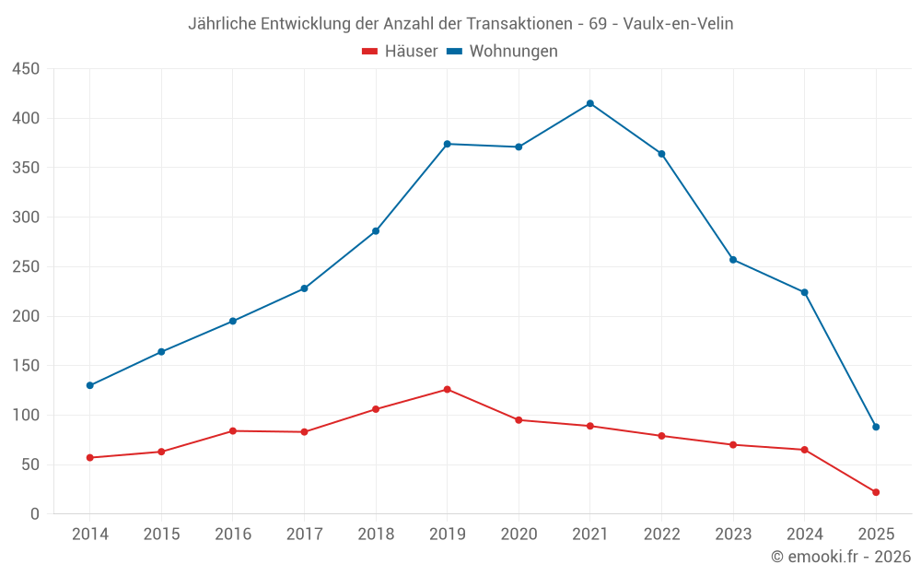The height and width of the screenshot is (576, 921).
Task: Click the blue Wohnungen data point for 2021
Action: pyautogui.click(x=590, y=103)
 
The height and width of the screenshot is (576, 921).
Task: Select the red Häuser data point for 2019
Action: pyautogui.click(x=447, y=389)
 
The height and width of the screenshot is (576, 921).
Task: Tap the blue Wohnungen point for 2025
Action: pyautogui.click(x=876, y=427)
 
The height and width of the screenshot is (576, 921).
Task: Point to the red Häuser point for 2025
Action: pyautogui.click(x=876, y=492)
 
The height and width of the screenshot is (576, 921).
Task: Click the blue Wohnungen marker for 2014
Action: pyautogui.click(x=90, y=385)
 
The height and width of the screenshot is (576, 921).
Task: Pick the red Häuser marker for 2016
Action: pyautogui.click(x=233, y=430)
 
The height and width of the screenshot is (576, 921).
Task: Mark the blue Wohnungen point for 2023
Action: pyautogui.click(x=733, y=259)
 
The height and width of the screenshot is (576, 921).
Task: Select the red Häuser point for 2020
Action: pyautogui.click(x=519, y=419)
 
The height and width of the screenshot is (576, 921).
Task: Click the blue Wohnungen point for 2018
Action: pyautogui.click(x=376, y=230)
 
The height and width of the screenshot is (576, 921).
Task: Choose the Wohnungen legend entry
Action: pyautogui.click(x=513, y=52)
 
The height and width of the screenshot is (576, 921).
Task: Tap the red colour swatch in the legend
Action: pyautogui.click(x=370, y=52)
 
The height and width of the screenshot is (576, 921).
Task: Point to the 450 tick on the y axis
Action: pyautogui.click(x=25, y=69)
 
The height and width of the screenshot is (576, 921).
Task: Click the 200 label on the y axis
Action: pyautogui.click(x=25, y=316)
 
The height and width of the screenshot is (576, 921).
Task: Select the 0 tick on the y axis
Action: pyautogui.click(x=35, y=514)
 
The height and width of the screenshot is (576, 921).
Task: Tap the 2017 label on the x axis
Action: pyautogui.click(x=304, y=535)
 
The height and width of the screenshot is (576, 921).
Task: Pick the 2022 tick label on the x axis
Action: pyautogui.click(x=661, y=535)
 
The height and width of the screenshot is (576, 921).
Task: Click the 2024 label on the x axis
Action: pyautogui.click(x=804, y=535)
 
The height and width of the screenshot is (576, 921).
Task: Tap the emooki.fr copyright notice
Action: pyautogui.click(x=840, y=557)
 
